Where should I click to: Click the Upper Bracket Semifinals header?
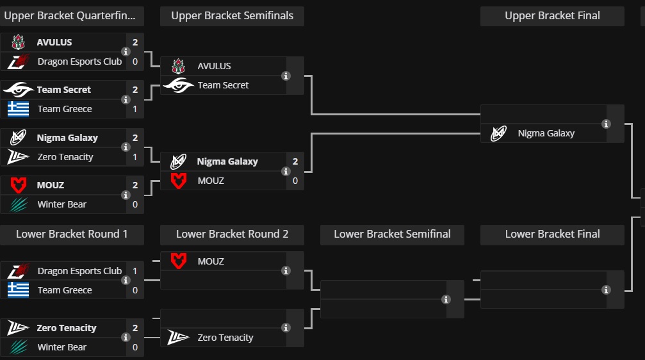click(232, 16)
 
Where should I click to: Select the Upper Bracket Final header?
click(552, 16)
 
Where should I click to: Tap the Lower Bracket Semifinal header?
click(392, 234)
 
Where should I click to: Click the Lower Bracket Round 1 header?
click(72, 234)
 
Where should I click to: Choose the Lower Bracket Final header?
click(552, 234)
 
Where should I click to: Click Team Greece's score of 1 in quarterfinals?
click(135, 109)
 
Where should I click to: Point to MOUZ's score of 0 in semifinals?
click(295, 181)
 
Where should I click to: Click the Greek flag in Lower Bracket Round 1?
click(18, 290)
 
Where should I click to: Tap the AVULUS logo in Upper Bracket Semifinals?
click(178, 66)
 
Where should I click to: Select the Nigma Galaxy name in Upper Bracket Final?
click(546, 133)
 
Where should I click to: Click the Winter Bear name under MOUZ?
click(61, 204)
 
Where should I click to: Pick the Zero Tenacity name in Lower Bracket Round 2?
click(225, 338)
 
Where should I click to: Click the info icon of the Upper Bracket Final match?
click(606, 124)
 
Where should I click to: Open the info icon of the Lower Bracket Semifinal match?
click(446, 299)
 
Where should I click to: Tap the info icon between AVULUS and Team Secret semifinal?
click(286, 76)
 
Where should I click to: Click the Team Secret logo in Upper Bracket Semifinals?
click(178, 85)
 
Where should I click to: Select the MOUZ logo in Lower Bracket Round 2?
click(178, 261)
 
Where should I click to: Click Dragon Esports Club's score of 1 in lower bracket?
click(135, 271)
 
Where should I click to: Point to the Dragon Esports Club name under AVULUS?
click(79, 61)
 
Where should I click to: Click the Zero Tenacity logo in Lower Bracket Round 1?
click(18, 328)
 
